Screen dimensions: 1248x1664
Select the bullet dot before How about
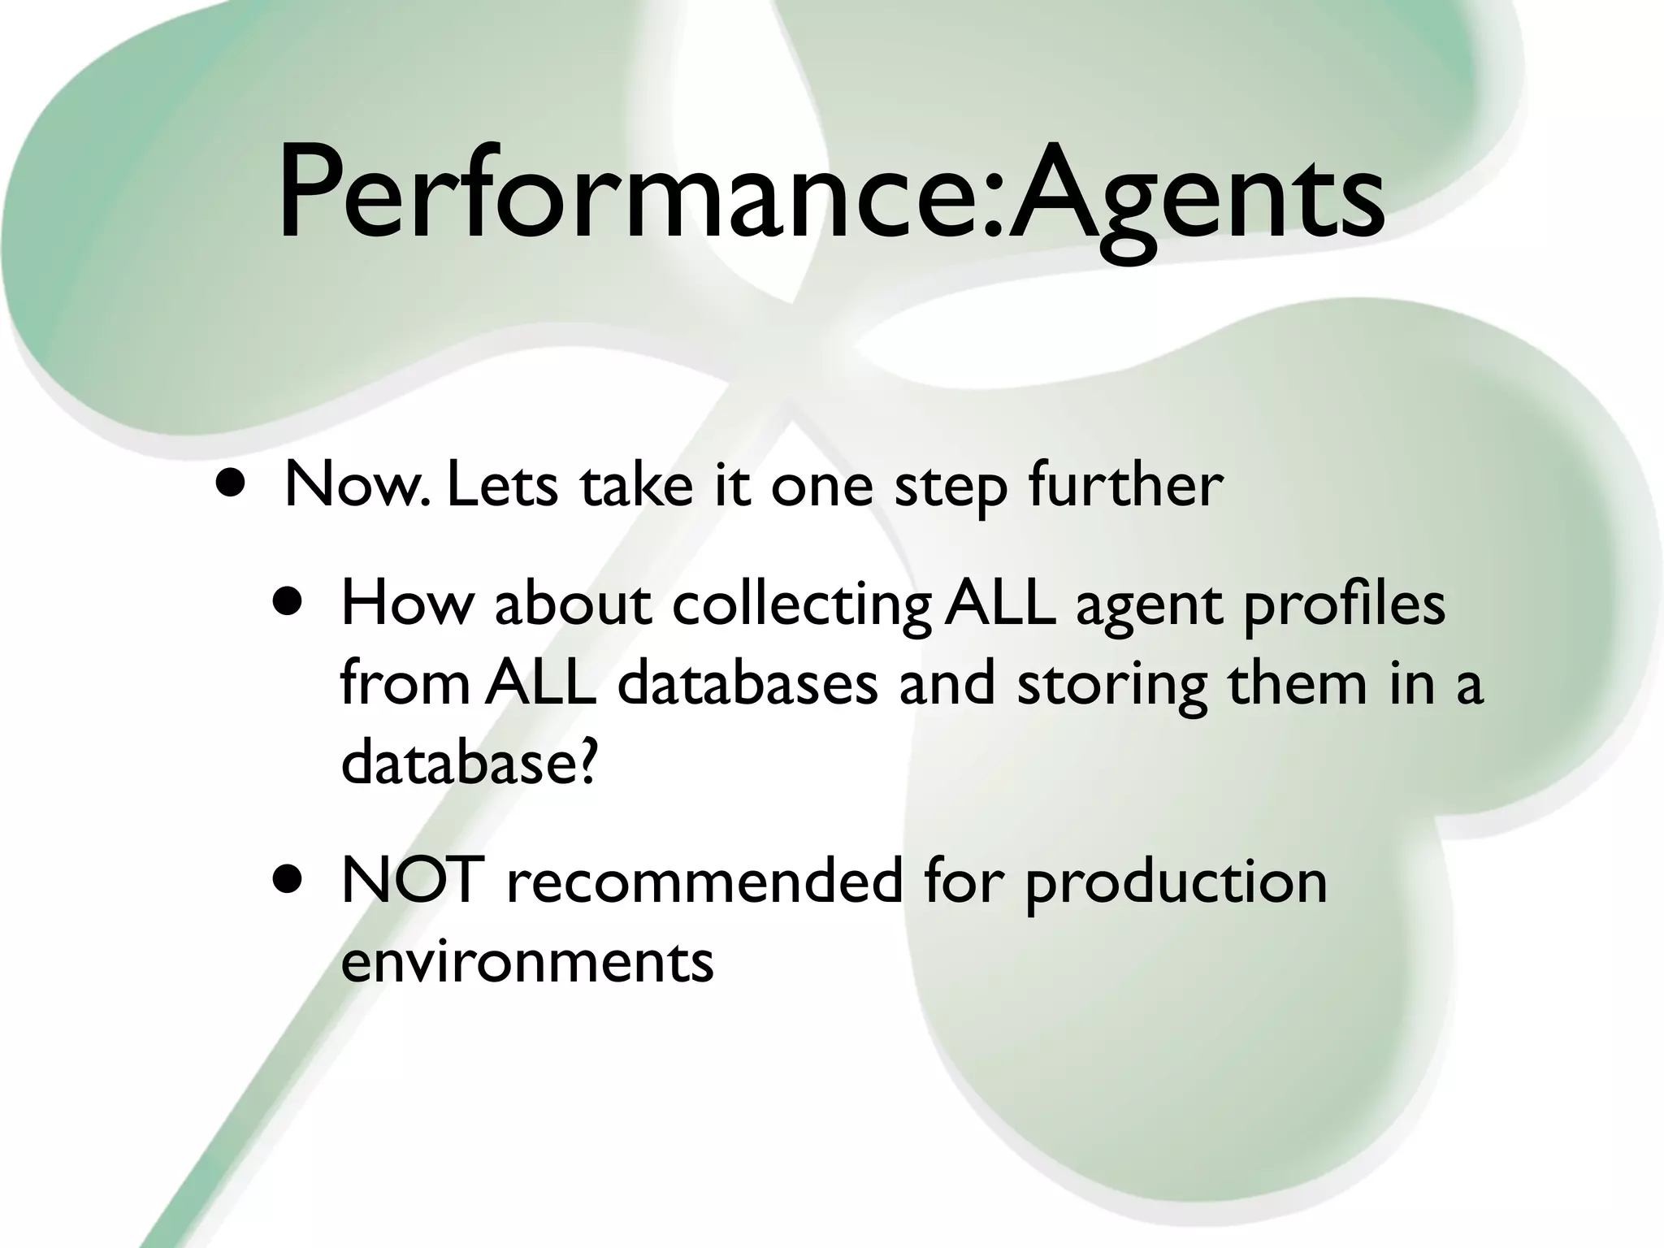coord(288,604)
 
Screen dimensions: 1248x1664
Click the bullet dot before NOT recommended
coord(288,881)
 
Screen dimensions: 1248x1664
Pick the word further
coord(1124,485)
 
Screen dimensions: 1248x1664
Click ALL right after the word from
coord(541,683)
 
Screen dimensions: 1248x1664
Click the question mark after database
coord(587,762)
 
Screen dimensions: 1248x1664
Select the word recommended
coord(704,881)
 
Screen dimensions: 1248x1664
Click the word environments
coord(526,961)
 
